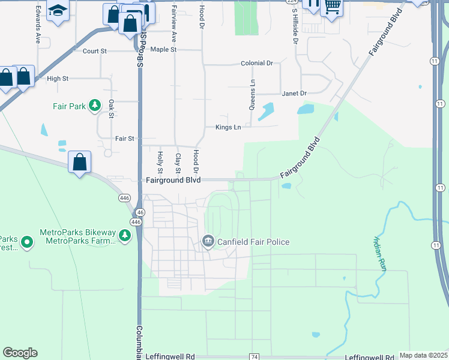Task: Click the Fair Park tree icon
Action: tap(94, 106)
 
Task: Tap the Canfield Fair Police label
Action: tap(253, 242)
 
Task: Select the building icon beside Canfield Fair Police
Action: tap(208, 242)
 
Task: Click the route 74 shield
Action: tap(255, 357)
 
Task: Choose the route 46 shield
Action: tap(140, 212)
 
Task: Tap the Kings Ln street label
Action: tap(228, 127)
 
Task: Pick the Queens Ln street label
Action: tap(253, 95)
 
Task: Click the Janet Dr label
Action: tap(294, 94)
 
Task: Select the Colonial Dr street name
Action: tap(256, 63)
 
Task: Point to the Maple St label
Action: tap(163, 49)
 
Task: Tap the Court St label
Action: tap(95, 52)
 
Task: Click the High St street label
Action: tap(58, 79)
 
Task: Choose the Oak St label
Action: tap(112, 109)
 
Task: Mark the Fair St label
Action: tap(124, 139)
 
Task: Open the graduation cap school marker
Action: tap(58, 10)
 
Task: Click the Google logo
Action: tap(20, 353)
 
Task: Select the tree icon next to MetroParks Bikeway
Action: tap(125, 236)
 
